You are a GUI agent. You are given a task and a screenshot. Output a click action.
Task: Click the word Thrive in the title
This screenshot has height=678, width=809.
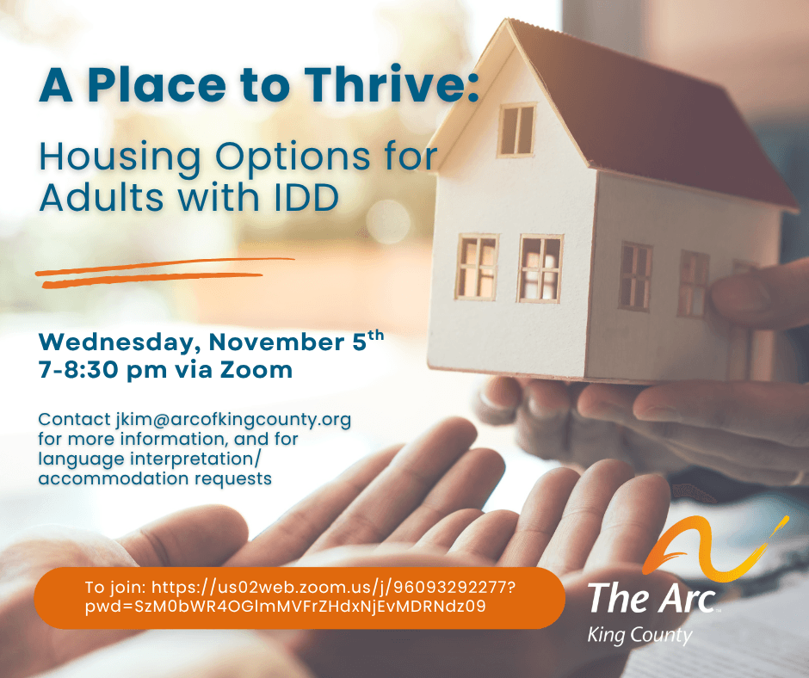tap(391, 84)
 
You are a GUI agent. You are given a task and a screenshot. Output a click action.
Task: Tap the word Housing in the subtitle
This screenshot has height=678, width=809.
tap(120, 158)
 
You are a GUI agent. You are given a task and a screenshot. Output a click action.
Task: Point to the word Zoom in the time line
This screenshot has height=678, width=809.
tap(256, 370)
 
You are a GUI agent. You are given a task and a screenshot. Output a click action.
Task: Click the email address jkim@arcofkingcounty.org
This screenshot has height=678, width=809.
tap(233, 420)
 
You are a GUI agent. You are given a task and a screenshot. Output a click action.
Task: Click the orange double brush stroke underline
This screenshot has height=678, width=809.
tap(165, 273)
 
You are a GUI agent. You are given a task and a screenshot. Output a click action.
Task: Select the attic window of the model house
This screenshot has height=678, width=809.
tap(516, 131)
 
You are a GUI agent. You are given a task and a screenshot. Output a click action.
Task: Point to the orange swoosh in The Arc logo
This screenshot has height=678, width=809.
tap(715, 545)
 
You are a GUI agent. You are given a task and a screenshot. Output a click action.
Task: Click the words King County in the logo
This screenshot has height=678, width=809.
tap(639, 635)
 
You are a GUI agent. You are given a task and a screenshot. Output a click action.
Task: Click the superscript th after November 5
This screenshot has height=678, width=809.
tap(375, 336)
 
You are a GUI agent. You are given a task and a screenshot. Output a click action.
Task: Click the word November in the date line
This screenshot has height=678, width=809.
tap(278, 342)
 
